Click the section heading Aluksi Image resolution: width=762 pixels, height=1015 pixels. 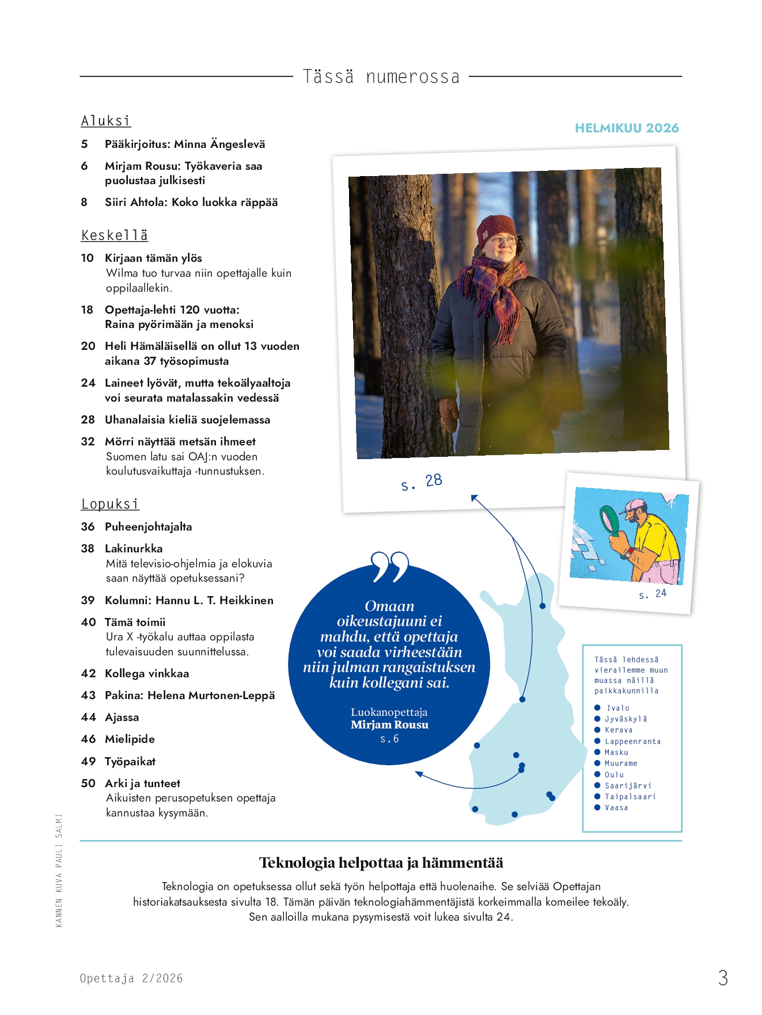tap(106, 121)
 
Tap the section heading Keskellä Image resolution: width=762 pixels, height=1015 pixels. tap(115, 235)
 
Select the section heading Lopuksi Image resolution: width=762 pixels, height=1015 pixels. tap(110, 504)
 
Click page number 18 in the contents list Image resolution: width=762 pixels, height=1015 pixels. tap(87, 310)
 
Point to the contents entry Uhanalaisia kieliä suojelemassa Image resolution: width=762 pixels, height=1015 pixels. tap(187, 419)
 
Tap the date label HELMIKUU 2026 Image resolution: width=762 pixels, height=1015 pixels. tap(627, 128)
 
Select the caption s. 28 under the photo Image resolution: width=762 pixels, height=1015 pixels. tap(422, 482)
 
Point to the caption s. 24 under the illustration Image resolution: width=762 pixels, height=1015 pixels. tap(653, 594)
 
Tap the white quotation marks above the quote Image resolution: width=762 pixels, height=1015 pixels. tap(390, 566)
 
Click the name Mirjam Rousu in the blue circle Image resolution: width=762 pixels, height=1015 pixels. tap(389, 725)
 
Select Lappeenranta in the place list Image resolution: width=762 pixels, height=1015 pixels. tap(632, 742)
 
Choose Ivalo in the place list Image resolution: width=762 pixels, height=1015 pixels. tap(617, 708)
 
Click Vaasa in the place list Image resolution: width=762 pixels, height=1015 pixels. tap(616, 808)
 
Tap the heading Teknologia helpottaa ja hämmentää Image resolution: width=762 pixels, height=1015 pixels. tap(381, 863)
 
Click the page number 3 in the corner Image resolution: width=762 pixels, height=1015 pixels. tap(723, 978)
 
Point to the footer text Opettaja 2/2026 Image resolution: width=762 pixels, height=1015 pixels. tap(131, 978)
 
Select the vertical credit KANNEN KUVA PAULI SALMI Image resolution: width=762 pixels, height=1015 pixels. tap(59, 870)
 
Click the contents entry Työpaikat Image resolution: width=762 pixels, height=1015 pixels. tap(130, 761)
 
